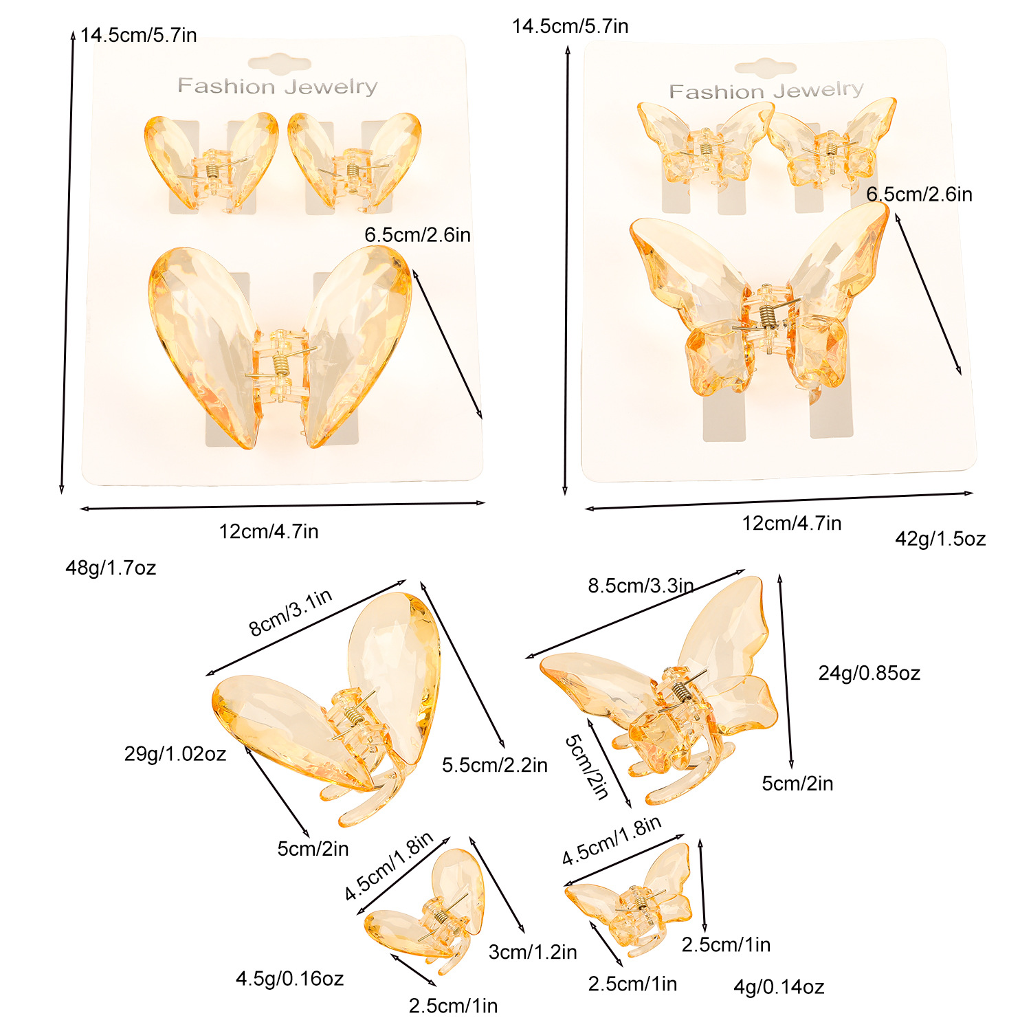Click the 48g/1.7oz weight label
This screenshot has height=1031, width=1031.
(111, 568)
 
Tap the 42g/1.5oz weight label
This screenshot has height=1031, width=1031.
(940, 539)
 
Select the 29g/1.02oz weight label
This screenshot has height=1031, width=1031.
(175, 754)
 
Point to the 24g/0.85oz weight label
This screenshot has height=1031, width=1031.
(869, 673)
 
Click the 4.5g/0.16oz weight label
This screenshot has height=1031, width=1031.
(289, 978)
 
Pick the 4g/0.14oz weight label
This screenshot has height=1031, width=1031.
(779, 987)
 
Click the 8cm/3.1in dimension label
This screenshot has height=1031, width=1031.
(290, 612)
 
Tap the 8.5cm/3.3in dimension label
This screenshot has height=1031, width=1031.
(641, 586)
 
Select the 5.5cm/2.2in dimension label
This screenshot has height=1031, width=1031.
(495, 765)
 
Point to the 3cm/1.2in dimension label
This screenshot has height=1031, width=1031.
(533, 952)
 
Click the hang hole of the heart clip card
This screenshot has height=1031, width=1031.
(279, 65)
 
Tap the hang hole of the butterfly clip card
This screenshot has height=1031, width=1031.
(766, 67)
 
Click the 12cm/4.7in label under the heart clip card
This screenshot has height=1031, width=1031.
(269, 531)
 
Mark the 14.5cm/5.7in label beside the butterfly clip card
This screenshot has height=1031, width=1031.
(570, 26)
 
